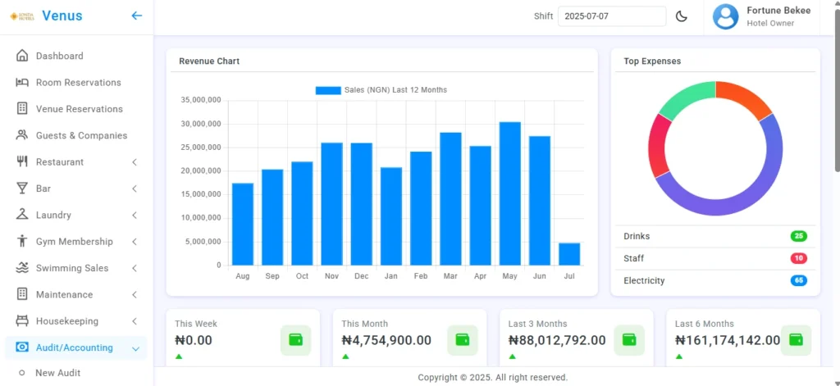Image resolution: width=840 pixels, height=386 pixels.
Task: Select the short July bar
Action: coord(569,254)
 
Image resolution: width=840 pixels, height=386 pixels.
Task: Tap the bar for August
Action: coord(243,224)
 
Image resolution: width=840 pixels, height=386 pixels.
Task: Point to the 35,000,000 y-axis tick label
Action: coord(200,100)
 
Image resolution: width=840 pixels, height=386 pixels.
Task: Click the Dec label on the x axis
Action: coord(361,276)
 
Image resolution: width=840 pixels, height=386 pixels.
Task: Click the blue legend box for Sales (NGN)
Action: coord(328,90)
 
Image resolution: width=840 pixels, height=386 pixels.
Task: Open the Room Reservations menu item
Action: coord(78,83)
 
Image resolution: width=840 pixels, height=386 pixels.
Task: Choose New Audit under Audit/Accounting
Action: coord(57,373)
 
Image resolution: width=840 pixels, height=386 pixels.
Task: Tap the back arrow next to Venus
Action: coord(137,16)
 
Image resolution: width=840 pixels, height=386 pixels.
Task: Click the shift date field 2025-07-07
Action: coord(611,16)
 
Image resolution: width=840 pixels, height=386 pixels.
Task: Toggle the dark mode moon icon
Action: coord(682,16)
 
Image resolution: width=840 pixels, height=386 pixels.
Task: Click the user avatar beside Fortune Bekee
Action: coord(726,16)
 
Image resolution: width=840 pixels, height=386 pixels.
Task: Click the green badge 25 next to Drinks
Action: coord(798,236)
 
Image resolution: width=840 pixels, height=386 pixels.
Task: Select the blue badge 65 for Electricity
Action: coord(798,280)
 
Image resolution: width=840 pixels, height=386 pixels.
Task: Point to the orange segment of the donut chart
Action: coord(746,98)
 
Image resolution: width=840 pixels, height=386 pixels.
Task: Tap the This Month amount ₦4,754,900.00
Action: coord(386,340)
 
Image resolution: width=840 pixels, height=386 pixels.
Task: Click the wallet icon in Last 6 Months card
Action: coord(795,339)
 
